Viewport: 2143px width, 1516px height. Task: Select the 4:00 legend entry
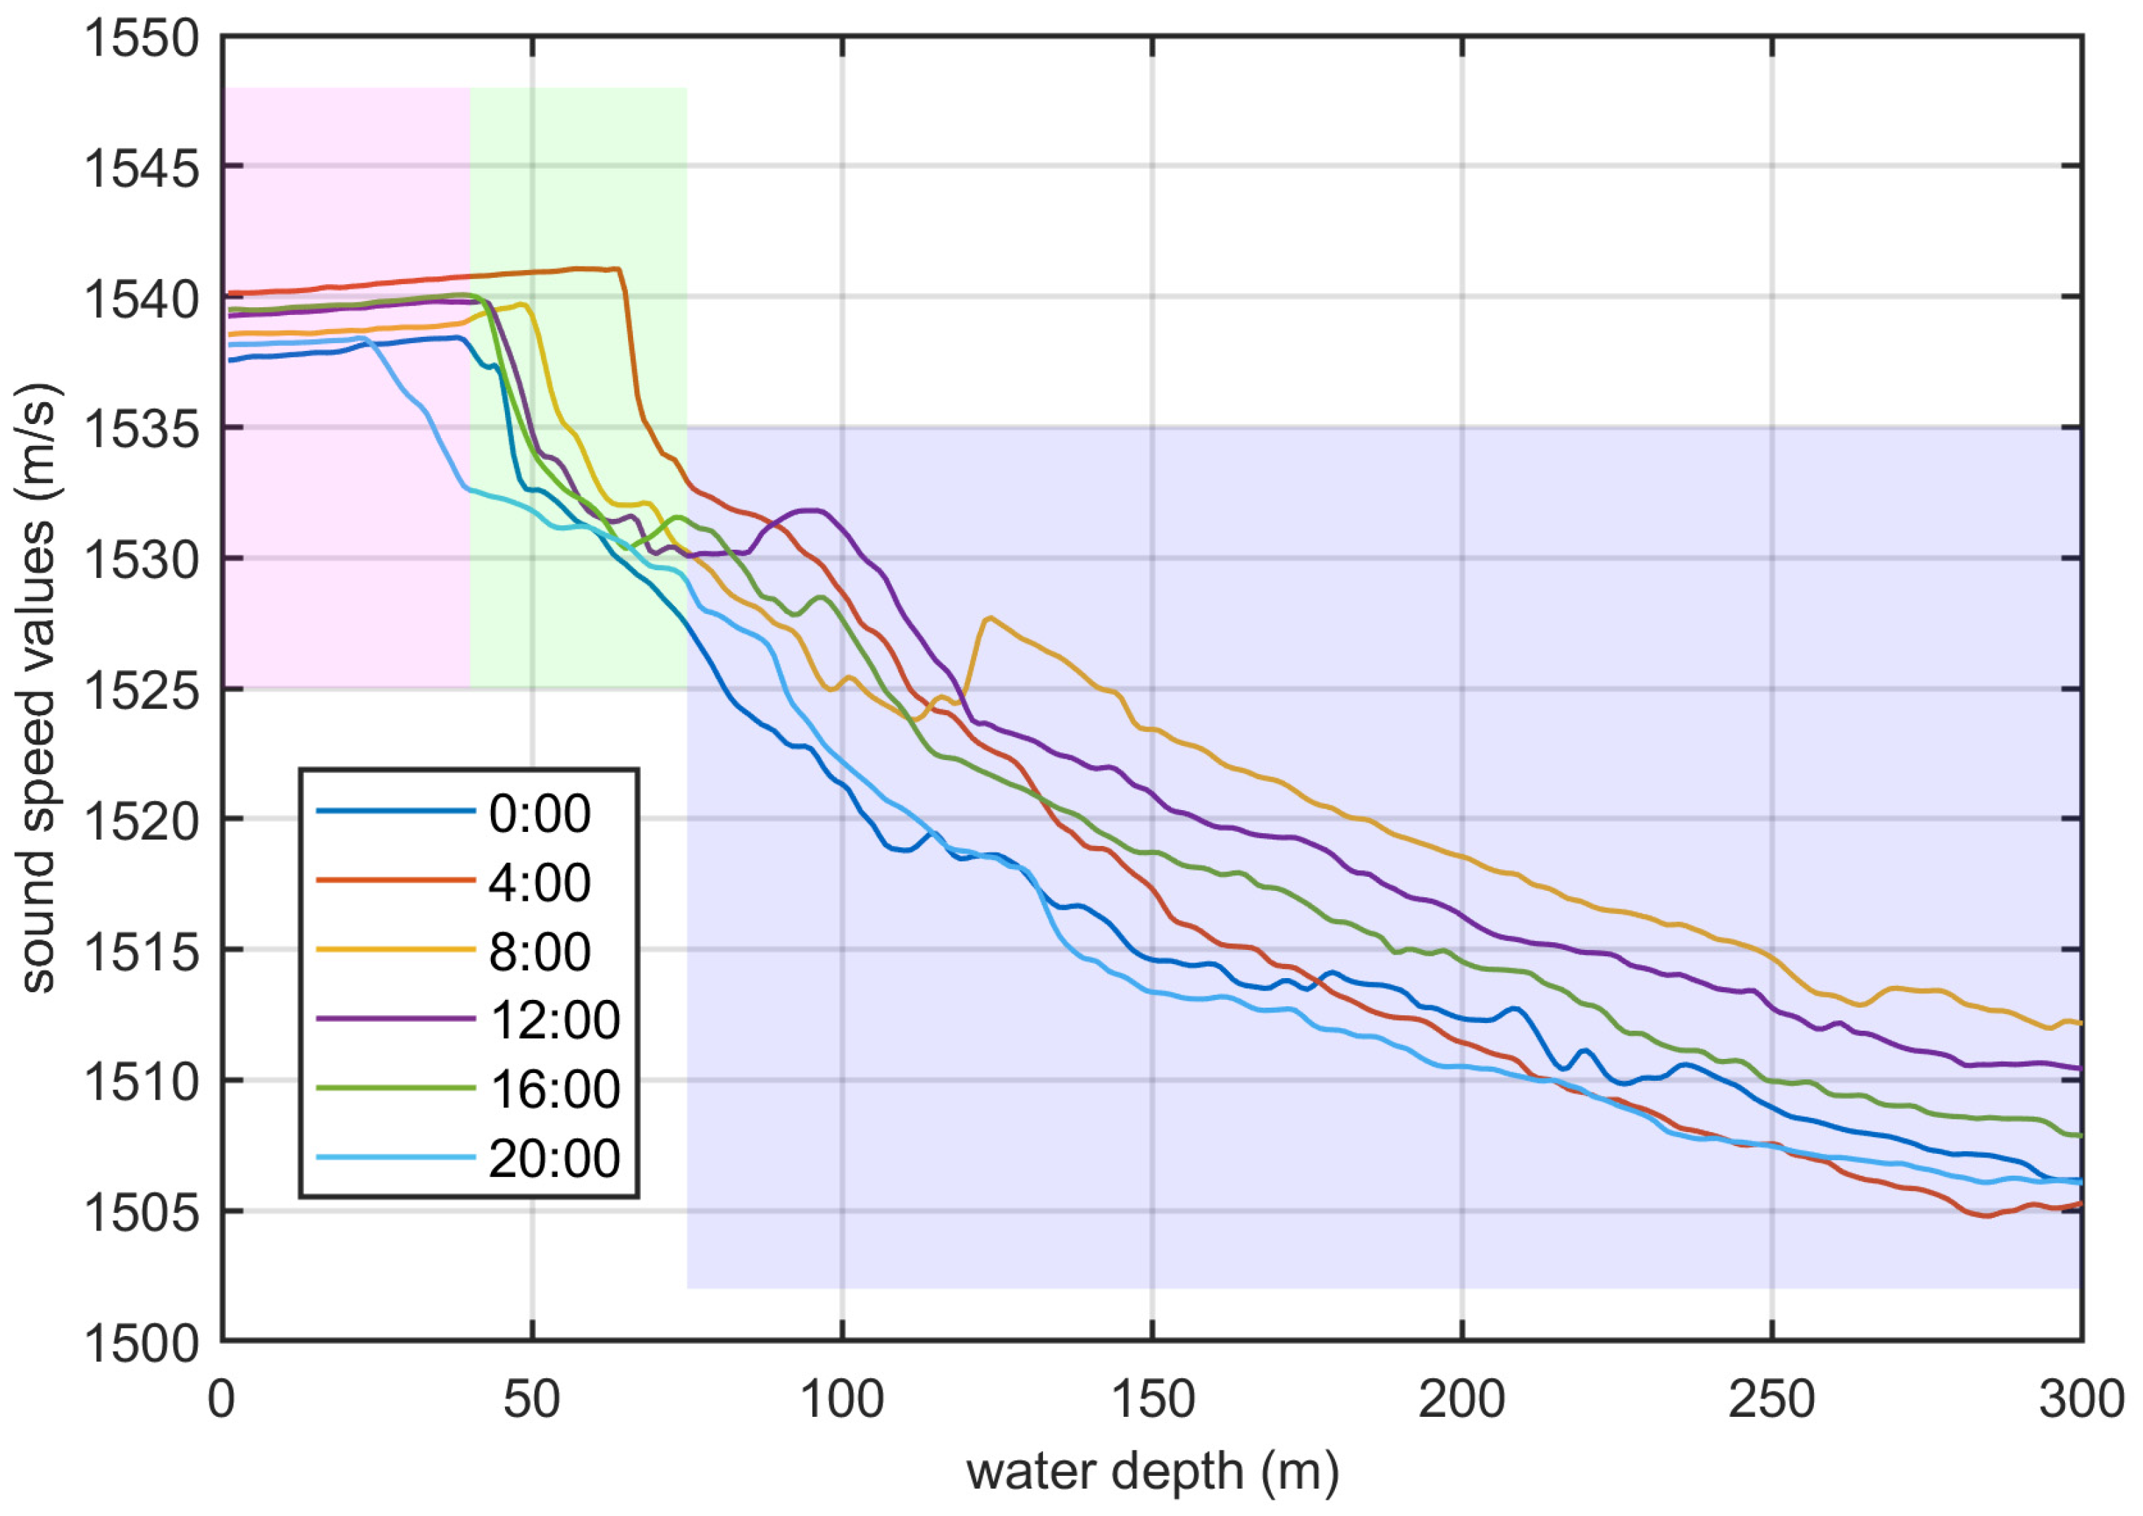[x=539, y=883]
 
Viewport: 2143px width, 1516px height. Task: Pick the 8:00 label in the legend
[x=539, y=952]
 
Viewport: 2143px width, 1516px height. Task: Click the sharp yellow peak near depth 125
[x=988, y=618]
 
